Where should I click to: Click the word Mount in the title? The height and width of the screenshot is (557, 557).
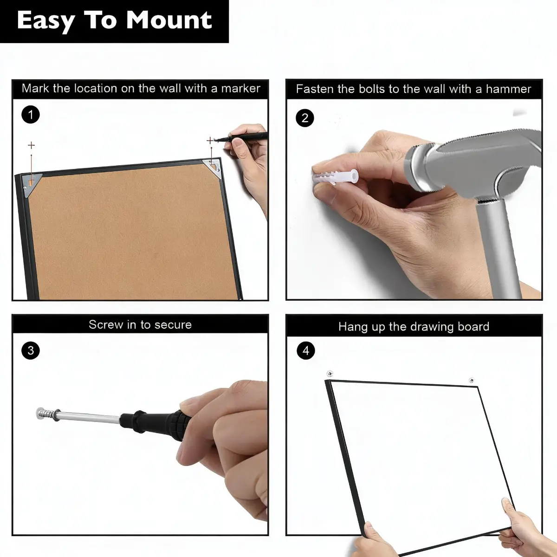[x=169, y=20]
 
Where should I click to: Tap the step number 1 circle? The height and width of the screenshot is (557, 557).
[x=31, y=115]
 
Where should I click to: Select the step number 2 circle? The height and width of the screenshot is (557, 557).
[x=305, y=118]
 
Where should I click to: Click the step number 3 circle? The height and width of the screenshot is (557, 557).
[x=31, y=350]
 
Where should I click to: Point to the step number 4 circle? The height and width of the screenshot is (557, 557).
[x=306, y=350]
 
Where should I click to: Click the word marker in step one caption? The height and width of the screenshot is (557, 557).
[x=241, y=89]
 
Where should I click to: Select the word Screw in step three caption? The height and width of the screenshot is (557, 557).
[x=105, y=324]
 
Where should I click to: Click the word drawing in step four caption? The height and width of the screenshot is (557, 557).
[x=431, y=327]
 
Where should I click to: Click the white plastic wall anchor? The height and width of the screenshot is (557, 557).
[x=335, y=176]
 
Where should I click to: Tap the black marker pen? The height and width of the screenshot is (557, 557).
[x=242, y=137]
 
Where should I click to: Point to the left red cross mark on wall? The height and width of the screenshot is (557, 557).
[x=31, y=145]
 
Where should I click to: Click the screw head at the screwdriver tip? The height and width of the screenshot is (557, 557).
[x=40, y=413]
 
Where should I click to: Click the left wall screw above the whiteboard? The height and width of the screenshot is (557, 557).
[x=330, y=374]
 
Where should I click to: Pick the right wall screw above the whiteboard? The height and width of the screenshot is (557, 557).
[x=472, y=380]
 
